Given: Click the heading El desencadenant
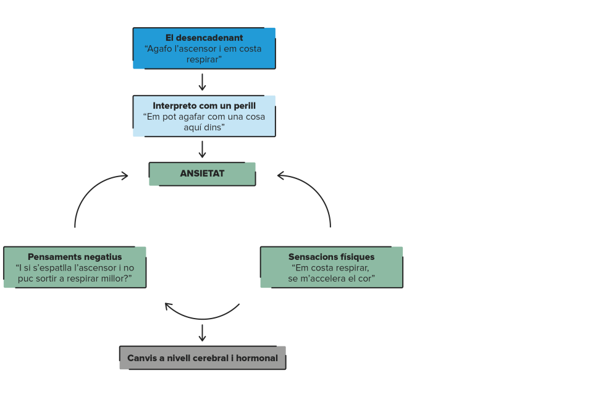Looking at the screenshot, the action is (x=204, y=38).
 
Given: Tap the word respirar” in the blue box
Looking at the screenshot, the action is (x=204, y=59).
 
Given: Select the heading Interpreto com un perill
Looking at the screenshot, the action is (x=204, y=106).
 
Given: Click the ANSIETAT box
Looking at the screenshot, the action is (x=203, y=174).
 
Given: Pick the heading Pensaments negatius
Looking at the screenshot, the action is (x=75, y=257).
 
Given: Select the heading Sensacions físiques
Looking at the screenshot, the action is (x=331, y=257).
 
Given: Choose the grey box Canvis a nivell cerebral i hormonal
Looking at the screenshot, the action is (x=203, y=357).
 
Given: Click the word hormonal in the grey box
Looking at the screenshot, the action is (x=257, y=358).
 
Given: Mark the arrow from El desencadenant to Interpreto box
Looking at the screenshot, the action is (x=203, y=82).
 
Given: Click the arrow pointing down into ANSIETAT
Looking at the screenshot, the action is (x=203, y=149).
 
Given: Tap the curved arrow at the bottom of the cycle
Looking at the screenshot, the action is (x=203, y=319).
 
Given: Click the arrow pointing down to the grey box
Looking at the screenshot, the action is (x=203, y=333).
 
